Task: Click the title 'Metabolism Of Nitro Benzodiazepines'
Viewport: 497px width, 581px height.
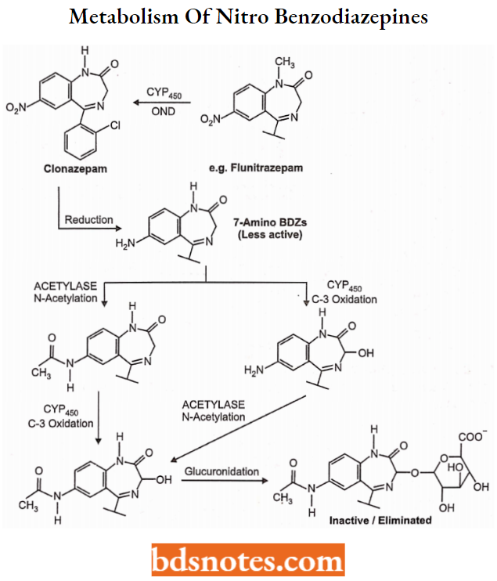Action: (x=248, y=18)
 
